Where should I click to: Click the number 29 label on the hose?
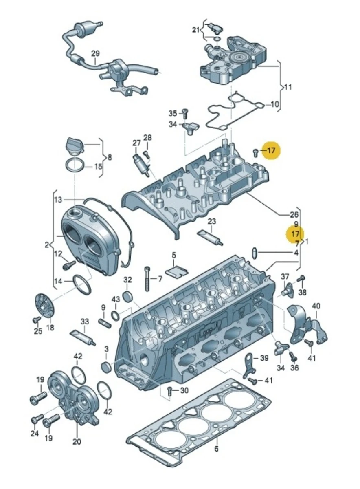tap(95, 53)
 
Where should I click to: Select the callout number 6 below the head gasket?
tap(216, 449)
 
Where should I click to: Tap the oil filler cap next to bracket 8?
tap(75, 146)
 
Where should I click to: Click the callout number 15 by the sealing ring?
tap(99, 166)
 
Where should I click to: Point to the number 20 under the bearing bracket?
tap(77, 441)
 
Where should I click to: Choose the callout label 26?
tap(294, 214)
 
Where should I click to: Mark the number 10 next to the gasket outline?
tap(275, 105)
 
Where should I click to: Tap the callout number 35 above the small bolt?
tap(173, 113)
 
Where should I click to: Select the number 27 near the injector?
tap(136, 143)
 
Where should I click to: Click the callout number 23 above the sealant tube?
tap(212, 221)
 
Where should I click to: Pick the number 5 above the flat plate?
tap(174, 256)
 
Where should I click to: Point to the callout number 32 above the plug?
tap(128, 280)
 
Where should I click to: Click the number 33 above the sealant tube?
tap(84, 321)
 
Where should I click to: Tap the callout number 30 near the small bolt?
tap(184, 391)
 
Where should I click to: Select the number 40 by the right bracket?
tap(316, 306)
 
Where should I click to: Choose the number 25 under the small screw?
tap(38, 331)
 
